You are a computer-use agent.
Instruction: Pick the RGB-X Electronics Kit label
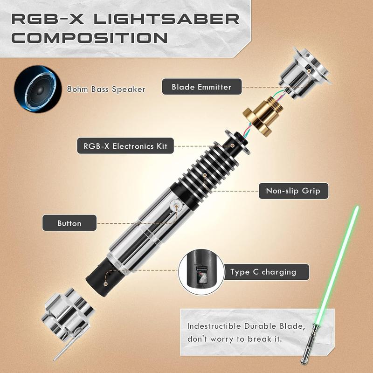pos(125,146)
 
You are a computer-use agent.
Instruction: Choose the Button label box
pos(69,223)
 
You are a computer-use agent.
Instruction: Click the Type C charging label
pos(263,272)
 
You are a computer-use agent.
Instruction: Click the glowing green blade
pos(343,252)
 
